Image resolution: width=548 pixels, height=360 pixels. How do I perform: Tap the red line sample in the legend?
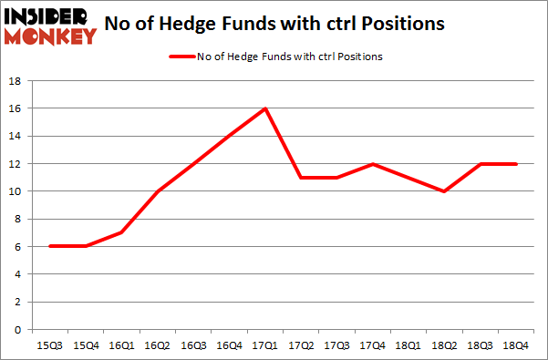click(181, 57)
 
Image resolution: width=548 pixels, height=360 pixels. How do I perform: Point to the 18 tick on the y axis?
click(15, 81)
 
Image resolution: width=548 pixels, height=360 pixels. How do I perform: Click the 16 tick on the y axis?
click(15, 108)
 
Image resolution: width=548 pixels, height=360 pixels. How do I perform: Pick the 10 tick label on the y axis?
click(15, 191)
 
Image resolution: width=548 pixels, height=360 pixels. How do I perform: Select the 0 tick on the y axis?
click(18, 329)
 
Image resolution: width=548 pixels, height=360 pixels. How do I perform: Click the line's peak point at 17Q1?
click(264, 108)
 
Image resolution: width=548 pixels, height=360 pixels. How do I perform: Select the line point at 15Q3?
click(50, 246)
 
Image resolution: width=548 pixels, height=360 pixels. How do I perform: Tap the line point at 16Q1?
click(121, 232)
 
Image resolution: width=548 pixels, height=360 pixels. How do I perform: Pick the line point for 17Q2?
click(300, 178)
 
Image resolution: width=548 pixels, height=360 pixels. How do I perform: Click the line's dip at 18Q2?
click(443, 191)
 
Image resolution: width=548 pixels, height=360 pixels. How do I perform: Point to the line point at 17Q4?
click(371, 164)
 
